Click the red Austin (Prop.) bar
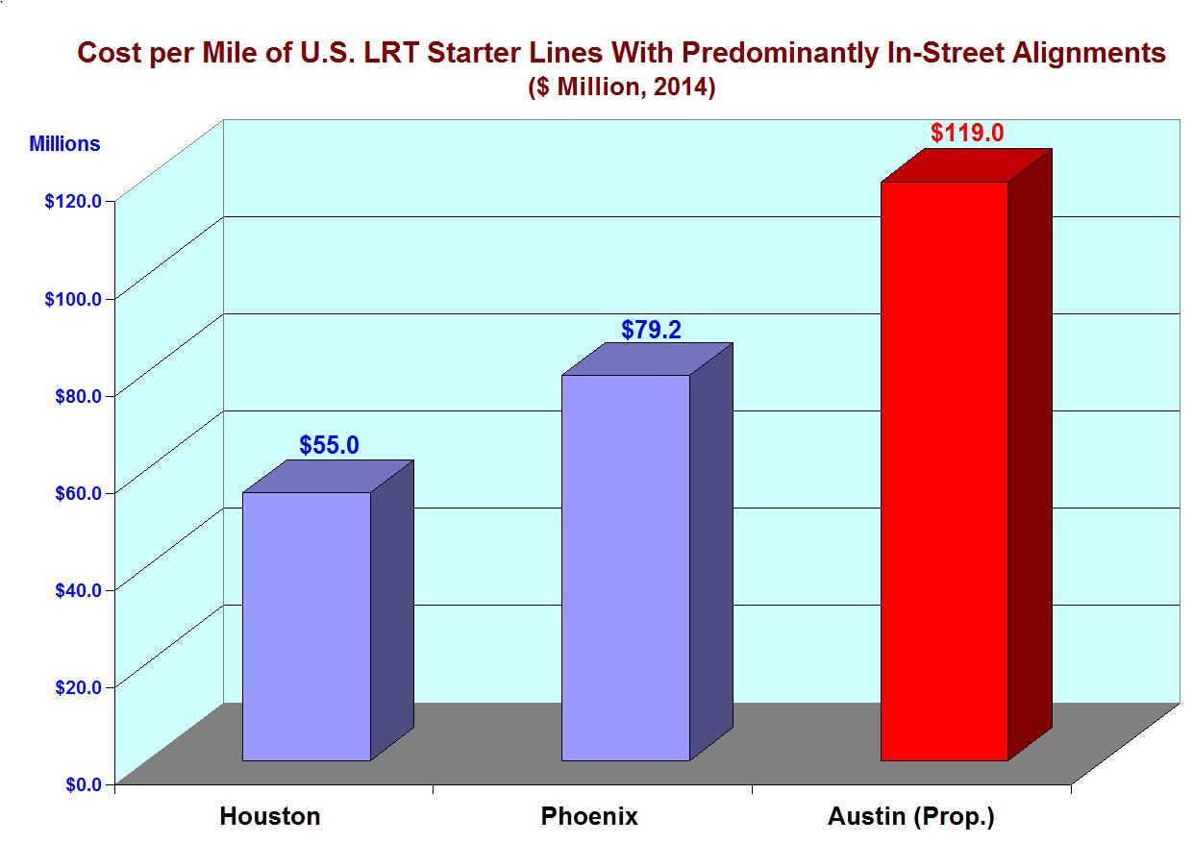(944, 471)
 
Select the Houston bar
(306, 626)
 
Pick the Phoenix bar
(626, 567)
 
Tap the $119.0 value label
(967, 133)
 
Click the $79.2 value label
(651, 331)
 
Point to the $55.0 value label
(329, 445)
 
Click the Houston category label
(270, 817)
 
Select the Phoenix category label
(589, 817)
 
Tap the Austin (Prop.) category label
(910, 817)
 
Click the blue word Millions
(64, 144)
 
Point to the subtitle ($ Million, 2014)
(621, 87)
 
